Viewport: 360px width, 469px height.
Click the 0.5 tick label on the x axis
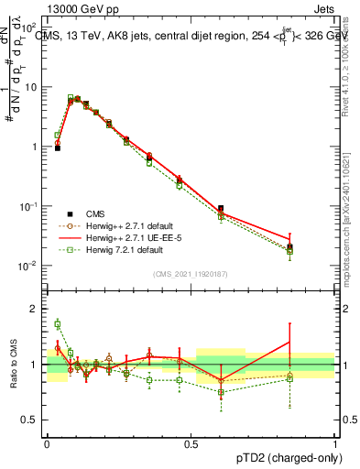click(x=191, y=442)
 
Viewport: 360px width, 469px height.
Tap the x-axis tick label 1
click(x=335, y=442)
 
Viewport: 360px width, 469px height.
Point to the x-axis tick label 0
click(x=47, y=442)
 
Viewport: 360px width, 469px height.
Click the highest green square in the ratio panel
click(x=57, y=323)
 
